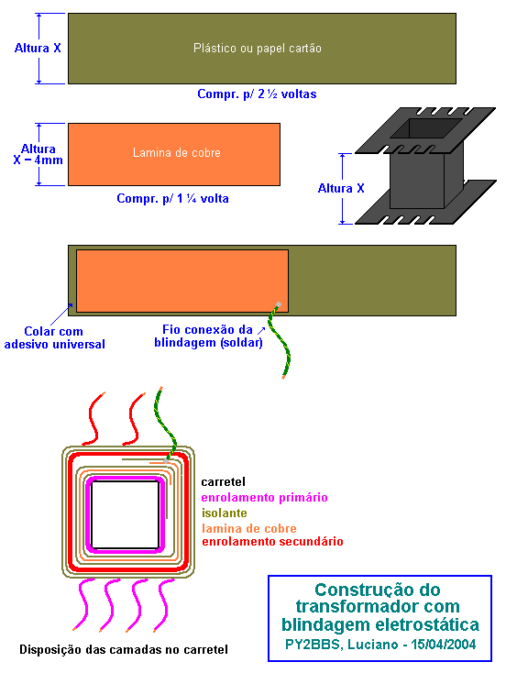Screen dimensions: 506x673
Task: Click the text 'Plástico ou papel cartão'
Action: [257, 48]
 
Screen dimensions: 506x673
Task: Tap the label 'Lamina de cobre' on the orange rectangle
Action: [176, 153]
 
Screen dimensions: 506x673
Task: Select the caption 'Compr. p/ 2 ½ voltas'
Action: [257, 94]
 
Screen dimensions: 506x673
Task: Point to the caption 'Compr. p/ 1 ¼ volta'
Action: [172, 199]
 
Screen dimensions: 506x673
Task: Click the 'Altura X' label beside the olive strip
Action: [38, 48]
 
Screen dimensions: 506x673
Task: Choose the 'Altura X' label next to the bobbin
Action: [341, 189]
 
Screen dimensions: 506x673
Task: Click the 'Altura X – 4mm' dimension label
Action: [38, 155]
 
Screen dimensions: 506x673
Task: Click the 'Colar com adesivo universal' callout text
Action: [54, 337]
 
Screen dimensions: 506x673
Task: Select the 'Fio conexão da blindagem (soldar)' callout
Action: [209, 336]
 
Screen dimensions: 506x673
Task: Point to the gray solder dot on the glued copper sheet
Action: [279, 304]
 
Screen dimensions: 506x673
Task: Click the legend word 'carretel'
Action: [223, 482]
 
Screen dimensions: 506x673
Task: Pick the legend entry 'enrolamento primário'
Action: [264, 498]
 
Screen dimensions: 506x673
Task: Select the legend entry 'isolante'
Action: [225, 513]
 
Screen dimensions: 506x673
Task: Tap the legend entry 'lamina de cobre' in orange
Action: [249, 528]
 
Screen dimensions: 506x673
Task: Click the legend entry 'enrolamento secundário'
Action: [272, 542]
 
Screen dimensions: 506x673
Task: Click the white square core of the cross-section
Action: [126, 514]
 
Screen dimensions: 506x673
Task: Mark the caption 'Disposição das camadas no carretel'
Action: [124, 650]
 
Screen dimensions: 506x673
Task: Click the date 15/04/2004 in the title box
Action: [444, 645]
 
